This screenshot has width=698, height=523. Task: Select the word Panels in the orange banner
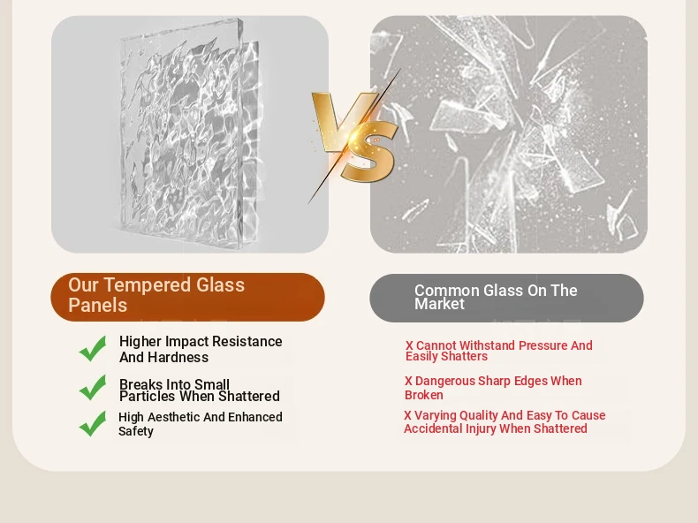(x=97, y=306)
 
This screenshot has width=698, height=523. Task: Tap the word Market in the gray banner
(x=439, y=304)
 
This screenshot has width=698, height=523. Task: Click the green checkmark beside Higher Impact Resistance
(x=93, y=348)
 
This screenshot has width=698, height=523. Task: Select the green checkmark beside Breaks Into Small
(x=93, y=387)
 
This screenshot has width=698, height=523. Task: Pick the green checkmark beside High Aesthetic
(x=93, y=423)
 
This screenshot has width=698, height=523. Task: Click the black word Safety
(x=136, y=431)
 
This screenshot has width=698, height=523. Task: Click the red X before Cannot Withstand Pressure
(x=409, y=345)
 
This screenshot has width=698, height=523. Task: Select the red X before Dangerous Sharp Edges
(x=408, y=382)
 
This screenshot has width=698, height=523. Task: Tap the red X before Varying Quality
(x=408, y=416)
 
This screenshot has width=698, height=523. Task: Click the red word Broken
(x=424, y=395)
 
